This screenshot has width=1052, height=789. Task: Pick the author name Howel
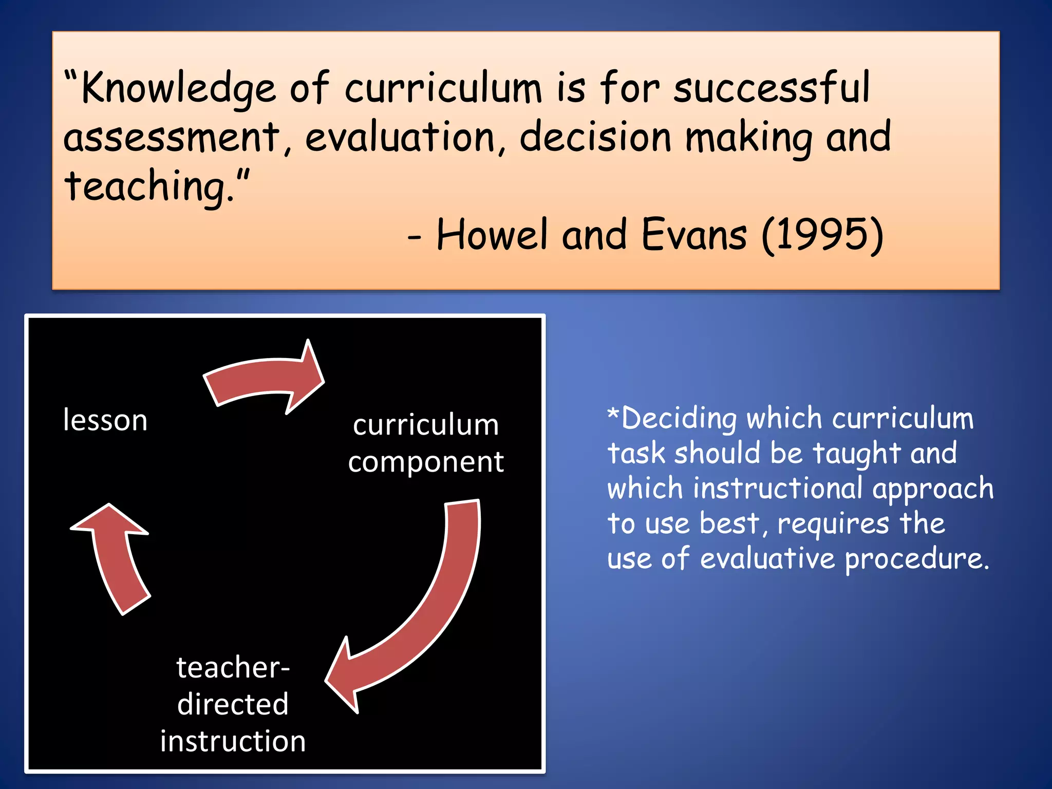tap(492, 235)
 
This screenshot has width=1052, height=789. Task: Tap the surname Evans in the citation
tap(694, 235)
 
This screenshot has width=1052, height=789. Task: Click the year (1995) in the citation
tap(822, 235)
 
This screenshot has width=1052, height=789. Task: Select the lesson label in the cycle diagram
tap(105, 420)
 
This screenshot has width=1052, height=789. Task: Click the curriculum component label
tap(426, 443)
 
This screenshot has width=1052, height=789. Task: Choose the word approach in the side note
tap(933, 489)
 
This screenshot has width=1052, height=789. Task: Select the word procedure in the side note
tap(916, 559)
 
